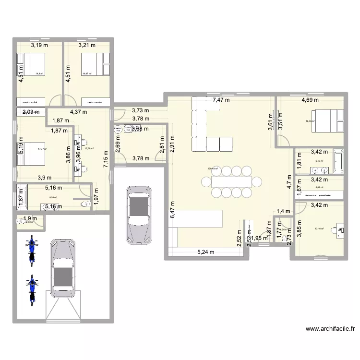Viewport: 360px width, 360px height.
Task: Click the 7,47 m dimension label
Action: click(221, 100)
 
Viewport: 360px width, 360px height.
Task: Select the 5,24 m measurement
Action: click(206, 252)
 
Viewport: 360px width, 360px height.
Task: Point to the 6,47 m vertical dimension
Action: click(172, 210)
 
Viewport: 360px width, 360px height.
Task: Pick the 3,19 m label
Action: click(39, 46)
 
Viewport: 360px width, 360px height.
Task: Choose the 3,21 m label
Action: click(87, 46)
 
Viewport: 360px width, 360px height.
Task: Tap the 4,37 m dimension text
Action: click(78, 112)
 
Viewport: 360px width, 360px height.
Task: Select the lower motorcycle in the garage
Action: click(32, 290)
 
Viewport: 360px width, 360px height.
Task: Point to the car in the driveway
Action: click(137, 215)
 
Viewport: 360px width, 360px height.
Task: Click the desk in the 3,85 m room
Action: click(342, 229)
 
